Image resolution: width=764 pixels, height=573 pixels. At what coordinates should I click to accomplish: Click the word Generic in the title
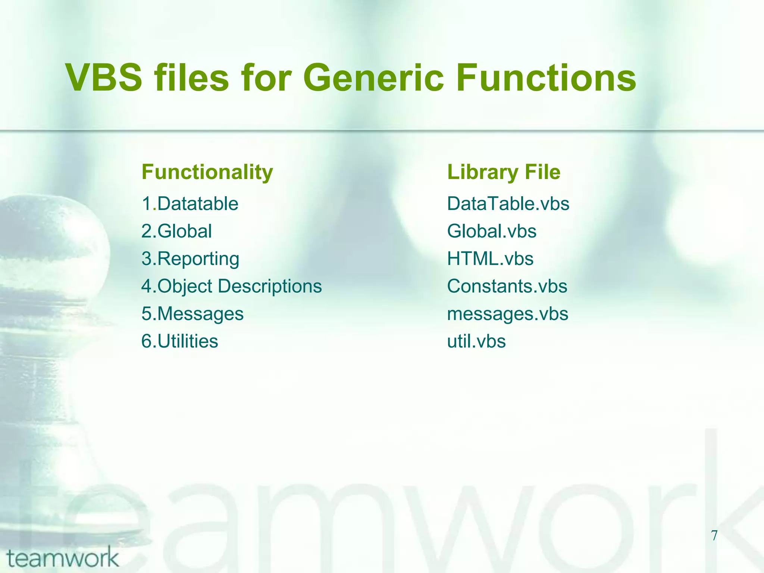373,78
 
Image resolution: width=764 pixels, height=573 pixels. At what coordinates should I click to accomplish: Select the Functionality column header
207,172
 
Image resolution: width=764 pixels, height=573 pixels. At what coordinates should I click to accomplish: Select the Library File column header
504,172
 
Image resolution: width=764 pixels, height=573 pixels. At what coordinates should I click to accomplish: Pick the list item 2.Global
176,231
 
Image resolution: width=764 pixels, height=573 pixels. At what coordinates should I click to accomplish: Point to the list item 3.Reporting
190,259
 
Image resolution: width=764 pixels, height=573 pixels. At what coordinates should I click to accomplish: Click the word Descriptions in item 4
269,286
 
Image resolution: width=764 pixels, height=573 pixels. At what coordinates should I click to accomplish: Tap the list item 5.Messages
192,314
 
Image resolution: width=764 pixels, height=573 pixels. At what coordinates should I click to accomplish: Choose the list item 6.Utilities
179,341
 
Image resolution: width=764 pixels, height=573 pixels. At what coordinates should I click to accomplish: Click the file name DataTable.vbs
508,204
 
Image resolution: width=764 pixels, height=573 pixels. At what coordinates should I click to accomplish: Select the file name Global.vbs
492,231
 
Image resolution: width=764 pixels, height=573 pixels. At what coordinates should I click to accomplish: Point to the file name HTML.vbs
490,259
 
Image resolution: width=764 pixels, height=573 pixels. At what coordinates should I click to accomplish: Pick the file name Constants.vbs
507,286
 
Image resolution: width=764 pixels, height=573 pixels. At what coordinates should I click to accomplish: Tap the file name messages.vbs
507,314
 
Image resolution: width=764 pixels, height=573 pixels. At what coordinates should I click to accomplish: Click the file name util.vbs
476,341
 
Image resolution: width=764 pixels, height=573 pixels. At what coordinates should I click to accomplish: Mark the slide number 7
714,535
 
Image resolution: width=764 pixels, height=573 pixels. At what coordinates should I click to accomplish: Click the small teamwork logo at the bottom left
62,557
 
